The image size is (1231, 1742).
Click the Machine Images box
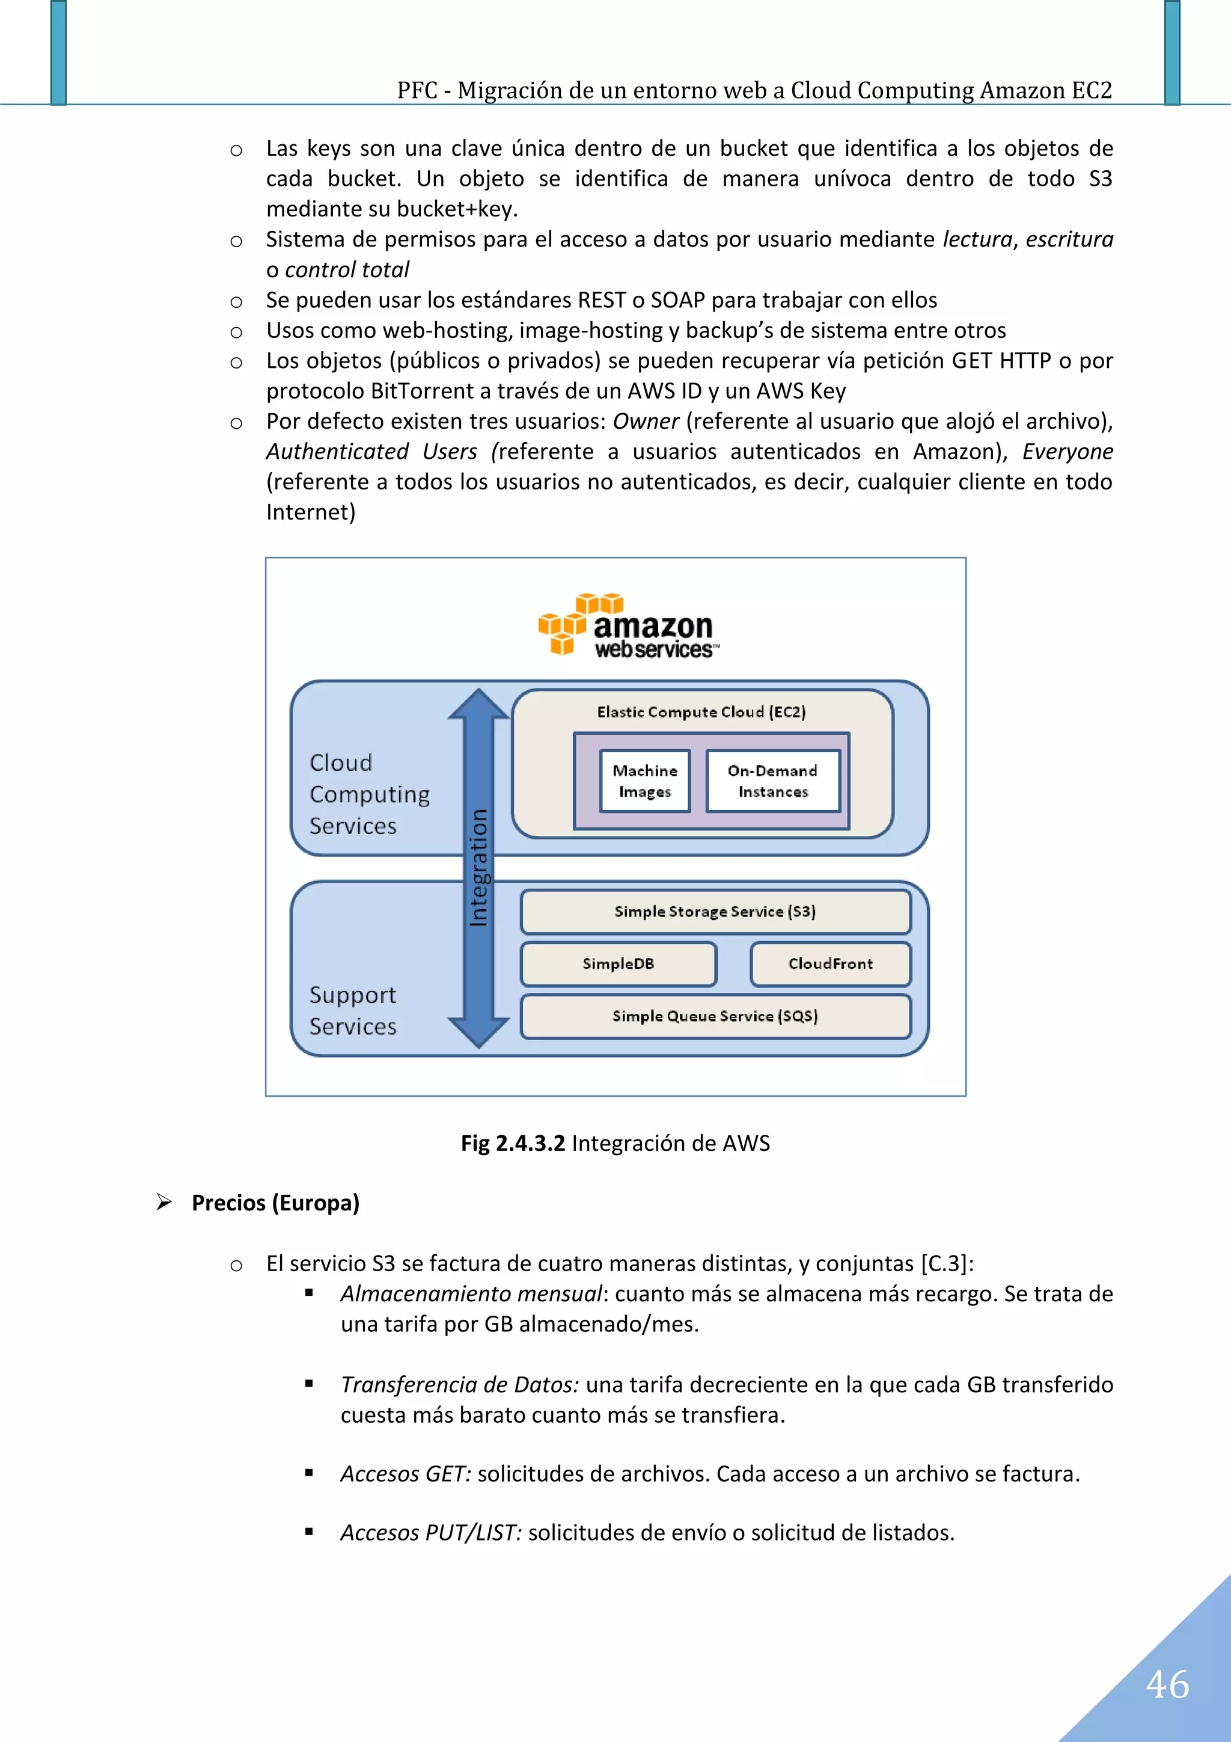(x=645, y=781)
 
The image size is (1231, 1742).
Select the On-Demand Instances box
(x=772, y=781)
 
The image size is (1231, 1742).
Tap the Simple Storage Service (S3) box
(x=715, y=911)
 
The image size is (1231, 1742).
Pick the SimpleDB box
(x=618, y=963)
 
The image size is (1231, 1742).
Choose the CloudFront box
(x=831, y=963)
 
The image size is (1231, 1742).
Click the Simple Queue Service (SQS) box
(x=715, y=1016)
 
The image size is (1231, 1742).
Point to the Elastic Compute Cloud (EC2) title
(x=701, y=712)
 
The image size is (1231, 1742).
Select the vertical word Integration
(x=478, y=868)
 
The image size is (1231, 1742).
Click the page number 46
(x=1167, y=1684)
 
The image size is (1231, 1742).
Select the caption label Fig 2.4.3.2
(x=513, y=1142)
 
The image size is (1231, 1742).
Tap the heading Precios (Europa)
(x=275, y=1203)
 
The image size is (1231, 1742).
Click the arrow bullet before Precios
(x=164, y=1202)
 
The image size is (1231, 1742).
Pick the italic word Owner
(x=646, y=421)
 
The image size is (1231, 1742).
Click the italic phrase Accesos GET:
(x=406, y=1473)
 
